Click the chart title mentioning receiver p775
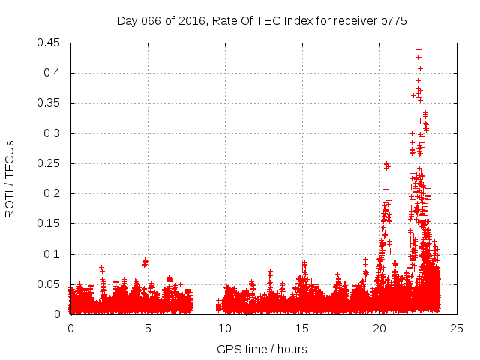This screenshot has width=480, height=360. pyautogui.click(x=262, y=20)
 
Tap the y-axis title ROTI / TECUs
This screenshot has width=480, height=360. pyautogui.click(x=10, y=178)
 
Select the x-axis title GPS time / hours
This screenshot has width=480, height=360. pyautogui.click(x=262, y=349)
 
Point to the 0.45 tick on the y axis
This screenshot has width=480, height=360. pyautogui.click(x=50, y=43)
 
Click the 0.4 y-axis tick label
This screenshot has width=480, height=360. pyautogui.click(x=53, y=73)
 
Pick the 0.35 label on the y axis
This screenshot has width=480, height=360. pyautogui.click(x=50, y=103)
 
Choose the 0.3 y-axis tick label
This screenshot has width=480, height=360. pyautogui.click(x=53, y=133)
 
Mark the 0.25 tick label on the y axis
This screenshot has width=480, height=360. pyautogui.click(x=50, y=163)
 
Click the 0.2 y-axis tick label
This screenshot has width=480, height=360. pyautogui.click(x=53, y=193)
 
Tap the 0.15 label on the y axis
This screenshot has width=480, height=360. pyautogui.click(x=50, y=223)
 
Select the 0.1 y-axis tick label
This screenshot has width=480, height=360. pyautogui.click(x=53, y=254)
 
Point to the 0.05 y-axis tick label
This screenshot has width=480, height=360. pyautogui.click(x=50, y=284)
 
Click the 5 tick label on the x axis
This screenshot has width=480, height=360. pyautogui.click(x=148, y=328)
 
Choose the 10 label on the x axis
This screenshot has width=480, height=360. pyautogui.click(x=225, y=328)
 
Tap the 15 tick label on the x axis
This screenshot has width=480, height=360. pyautogui.click(x=302, y=328)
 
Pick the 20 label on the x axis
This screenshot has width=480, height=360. pyautogui.click(x=379, y=328)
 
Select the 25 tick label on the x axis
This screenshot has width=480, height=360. pyautogui.click(x=457, y=328)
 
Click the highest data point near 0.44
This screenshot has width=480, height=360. pyautogui.click(x=418, y=50)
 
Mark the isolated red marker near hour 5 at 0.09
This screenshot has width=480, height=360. pyautogui.click(x=145, y=262)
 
